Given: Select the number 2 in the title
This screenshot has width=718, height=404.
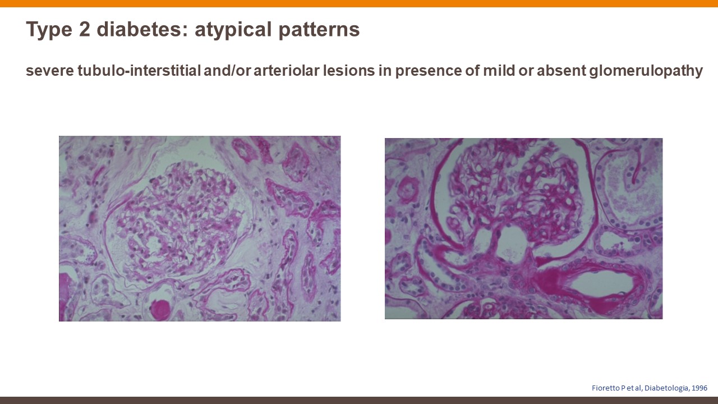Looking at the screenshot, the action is click(84, 29).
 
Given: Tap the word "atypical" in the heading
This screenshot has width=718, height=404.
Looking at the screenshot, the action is click(233, 30).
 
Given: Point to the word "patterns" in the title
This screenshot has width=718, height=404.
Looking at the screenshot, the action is click(319, 30).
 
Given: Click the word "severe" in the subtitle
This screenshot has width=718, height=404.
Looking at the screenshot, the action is click(50, 71).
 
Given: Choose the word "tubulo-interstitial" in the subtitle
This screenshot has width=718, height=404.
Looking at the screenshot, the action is click(139, 71).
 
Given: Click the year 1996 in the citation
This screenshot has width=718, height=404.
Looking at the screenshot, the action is click(699, 388).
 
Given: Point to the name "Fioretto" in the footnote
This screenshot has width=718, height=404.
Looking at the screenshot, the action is click(605, 388).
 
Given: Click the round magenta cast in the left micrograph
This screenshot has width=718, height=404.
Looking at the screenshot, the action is click(160, 310).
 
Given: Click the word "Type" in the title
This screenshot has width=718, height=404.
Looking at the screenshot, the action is click(49, 30).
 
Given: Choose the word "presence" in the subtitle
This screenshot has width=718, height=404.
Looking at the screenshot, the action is click(427, 71).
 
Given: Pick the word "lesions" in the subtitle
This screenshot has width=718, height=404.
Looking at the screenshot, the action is click(349, 71).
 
